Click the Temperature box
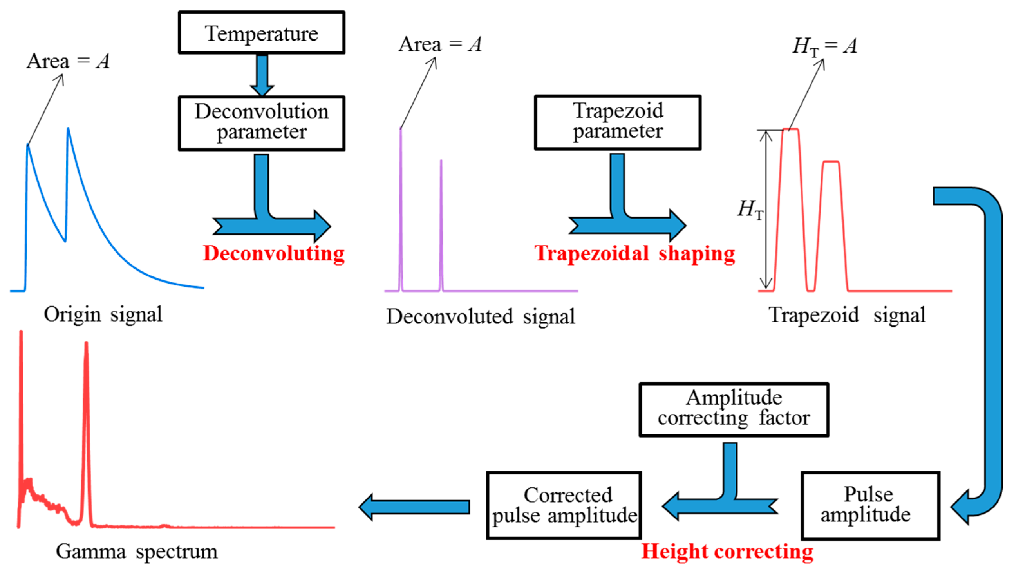[261, 33]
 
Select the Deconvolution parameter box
[261, 123]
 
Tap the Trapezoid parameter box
[617, 122]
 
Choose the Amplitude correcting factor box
[734, 409]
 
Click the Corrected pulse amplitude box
[564, 505]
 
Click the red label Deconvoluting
[274, 253]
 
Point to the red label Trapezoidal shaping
[634, 253]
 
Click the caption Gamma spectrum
[136, 552]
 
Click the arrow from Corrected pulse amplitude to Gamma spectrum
[415, 507]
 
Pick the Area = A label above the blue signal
[68, 61]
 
